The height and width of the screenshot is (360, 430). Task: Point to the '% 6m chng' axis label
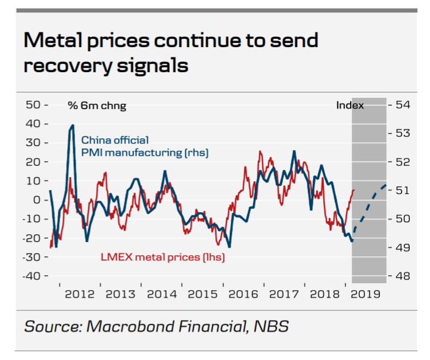pyautogui.click(x=96, y=106)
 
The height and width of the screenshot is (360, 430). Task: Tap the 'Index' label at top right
pyautogui.click(x=350, y=105)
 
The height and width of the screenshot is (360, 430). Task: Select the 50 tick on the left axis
pyautogui.click(x=36, y=105)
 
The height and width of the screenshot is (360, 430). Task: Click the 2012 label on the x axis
pyautogui.click(x=80, y=294)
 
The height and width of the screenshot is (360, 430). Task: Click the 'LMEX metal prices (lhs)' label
pyautogui.click(x=162, y=257)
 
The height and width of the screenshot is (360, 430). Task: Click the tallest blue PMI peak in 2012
pyautogui.click(x=72, y=126)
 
